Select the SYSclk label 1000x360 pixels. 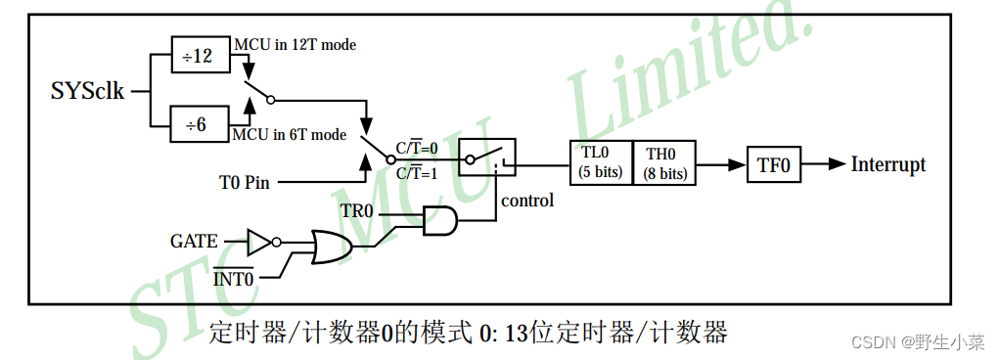click(x=88, y=92)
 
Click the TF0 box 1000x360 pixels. click(x=773, y=163)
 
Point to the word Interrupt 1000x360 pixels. click(x=888, y=163)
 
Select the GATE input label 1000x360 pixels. click(x=195, y=239)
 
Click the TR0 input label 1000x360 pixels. click(x=357, y=211)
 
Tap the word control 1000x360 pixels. click(x=526, y=201)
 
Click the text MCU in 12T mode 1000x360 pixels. click(x=294, y=45)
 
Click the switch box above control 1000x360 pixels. click(x=488, y=156)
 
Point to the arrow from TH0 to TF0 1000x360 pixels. click(x=719, y=163)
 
